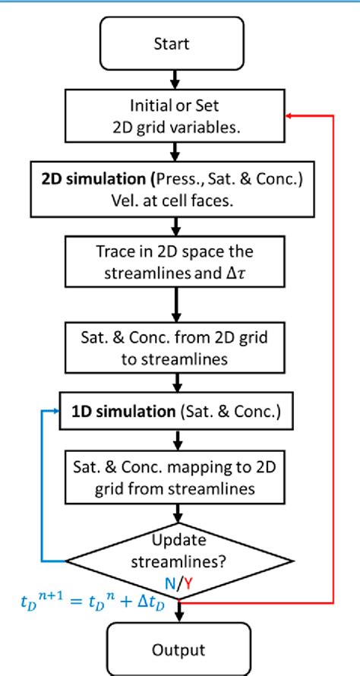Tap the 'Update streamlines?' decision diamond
177,560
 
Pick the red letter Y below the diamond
187,583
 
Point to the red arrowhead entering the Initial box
288,115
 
